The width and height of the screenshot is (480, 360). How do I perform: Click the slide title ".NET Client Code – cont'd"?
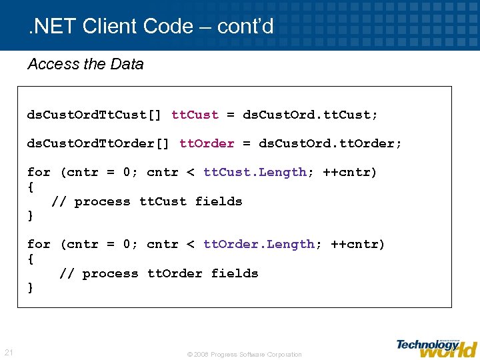click(x=151, y=27)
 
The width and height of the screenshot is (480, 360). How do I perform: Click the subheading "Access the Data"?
click(x=85, y=64)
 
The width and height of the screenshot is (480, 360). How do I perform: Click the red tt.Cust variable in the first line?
click(x=195, y=115)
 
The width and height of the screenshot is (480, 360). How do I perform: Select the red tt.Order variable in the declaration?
click(x=207, y=143)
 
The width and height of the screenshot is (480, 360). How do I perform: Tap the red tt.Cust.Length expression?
click(x=255, y=172)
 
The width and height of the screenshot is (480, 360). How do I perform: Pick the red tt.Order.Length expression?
click(x=259, y=244)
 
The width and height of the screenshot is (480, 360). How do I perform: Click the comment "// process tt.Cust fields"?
click(x=147, y=201)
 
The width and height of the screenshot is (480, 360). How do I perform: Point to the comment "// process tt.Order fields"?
click(x=159, y=273)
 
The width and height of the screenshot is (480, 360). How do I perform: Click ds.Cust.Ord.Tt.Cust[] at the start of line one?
click(x=93, y=115)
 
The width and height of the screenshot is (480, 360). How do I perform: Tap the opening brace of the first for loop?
click(x=30, y=187)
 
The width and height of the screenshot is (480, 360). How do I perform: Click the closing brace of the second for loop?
click(x=30, y=288)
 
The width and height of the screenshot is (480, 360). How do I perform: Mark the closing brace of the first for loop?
click(x=30, y=216)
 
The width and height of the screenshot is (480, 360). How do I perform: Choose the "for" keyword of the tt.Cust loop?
click(x=39, y=172)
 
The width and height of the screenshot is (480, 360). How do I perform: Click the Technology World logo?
click(x=437, y=347)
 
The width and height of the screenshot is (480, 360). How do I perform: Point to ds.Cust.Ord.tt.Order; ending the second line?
click(x=330, y=143)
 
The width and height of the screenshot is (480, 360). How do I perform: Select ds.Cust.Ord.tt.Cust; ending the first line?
click(x=310, y=115)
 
